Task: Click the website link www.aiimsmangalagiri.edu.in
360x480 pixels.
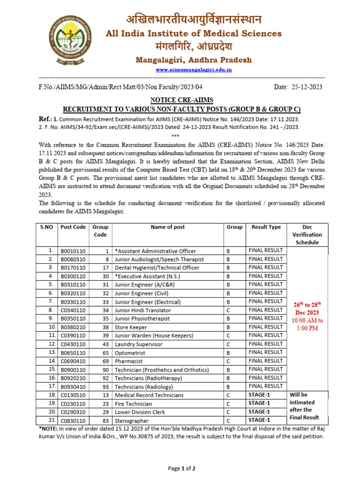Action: pos(194,69)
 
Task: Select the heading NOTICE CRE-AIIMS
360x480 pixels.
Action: pos(181,100)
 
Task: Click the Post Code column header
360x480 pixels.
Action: pos(73,227)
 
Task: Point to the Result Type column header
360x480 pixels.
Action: pos(266,227)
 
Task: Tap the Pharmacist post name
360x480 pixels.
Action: pos(129,361)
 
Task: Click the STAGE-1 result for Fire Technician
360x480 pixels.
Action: pos(260,403)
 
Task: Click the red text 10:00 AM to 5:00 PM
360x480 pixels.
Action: pos(307,324)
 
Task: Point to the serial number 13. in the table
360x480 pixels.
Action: pos(52,352)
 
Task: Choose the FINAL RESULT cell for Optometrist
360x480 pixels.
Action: pos(266,352)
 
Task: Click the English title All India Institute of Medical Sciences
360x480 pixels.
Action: pos(194,33)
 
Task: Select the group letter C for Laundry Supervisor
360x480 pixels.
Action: pos(228,345)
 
